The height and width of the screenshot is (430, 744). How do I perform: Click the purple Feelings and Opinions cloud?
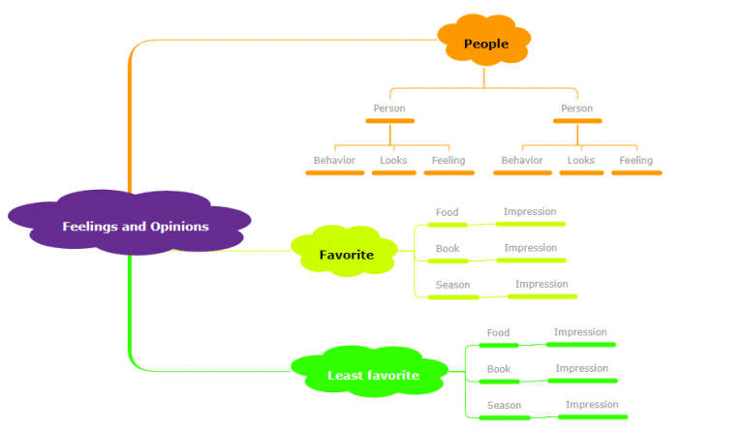point(135,226)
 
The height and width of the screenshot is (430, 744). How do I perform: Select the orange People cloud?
point(485,44)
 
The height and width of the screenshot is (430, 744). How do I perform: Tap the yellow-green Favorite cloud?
point(346,255)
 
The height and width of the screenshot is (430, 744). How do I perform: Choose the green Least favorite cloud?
point(373,375)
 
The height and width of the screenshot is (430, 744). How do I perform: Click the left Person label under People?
point(389,108)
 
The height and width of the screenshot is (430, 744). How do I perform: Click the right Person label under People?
point(576,108)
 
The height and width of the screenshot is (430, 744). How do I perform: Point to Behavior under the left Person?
point(334,161)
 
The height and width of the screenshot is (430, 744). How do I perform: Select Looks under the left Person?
point(393,161)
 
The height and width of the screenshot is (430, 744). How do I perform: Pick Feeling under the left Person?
point(449,161)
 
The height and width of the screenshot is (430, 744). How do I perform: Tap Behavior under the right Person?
point(522,161)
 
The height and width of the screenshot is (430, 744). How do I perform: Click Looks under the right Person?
point(580,161)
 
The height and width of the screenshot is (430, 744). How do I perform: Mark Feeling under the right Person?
point(636,161)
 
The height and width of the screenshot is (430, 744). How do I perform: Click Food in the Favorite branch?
point(447,213)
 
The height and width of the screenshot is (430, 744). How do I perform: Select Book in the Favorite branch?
point(448,249)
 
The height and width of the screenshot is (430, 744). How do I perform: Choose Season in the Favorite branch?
point(452,286)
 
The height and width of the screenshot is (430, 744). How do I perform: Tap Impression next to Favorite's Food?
point(530,212)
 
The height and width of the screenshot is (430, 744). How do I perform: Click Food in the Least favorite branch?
point(498,333)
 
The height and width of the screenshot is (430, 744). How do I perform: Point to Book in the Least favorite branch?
point(499,369)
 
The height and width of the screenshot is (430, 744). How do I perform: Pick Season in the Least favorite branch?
point(504,406)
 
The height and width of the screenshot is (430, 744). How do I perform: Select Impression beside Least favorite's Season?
point(592,405)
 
